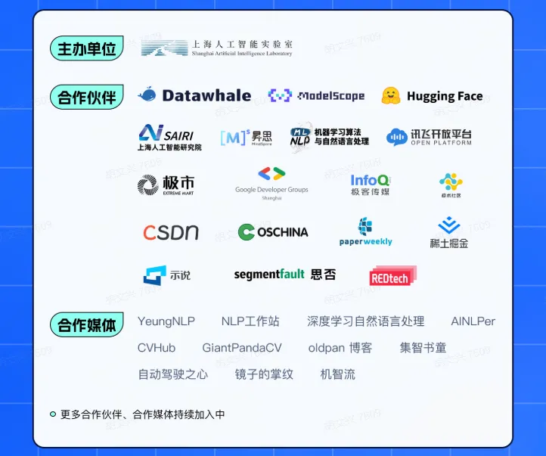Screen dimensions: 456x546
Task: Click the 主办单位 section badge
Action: [x=87, y=49]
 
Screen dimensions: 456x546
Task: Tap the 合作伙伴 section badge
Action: [x=87, y=98]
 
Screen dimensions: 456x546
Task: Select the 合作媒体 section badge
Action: [x=87, y=325]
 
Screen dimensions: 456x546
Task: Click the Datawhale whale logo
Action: [x=147, y=95]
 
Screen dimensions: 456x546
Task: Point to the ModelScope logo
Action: [x=316, y=96]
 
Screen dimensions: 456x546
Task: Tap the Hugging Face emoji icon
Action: [x=391, y=96]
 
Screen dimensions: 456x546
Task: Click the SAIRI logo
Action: [x=169, y=137]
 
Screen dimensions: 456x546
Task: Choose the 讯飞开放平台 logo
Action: [x=429, y=137]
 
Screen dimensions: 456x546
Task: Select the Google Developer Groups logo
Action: [x=271, y=182]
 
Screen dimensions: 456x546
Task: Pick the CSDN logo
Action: [x=171, y=232]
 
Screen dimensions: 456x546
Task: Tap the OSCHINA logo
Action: [x=273, y=232]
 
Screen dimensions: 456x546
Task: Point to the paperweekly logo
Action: [x=366, y=231]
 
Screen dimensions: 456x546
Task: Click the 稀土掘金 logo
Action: [x=449, y=232]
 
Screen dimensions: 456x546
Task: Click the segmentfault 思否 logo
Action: [x=285, y=275]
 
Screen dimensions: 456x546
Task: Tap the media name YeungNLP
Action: [x=166, y=321]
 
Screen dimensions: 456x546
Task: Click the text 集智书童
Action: [x=423, y=348]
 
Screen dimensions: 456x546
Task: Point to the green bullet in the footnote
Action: [x=53, y=414]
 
